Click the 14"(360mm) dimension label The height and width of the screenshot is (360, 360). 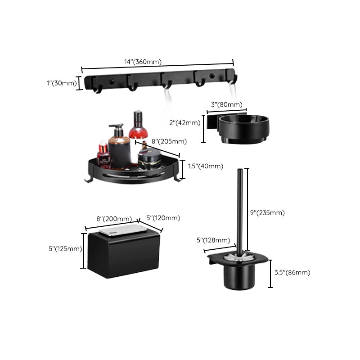[143, 62]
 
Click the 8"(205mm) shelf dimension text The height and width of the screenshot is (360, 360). [169, 141]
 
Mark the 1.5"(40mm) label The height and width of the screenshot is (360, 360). [205, 166]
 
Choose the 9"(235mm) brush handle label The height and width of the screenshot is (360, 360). [267, 212]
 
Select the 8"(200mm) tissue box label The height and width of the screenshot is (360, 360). [114, 219]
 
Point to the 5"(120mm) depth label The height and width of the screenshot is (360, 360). [163, 218]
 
